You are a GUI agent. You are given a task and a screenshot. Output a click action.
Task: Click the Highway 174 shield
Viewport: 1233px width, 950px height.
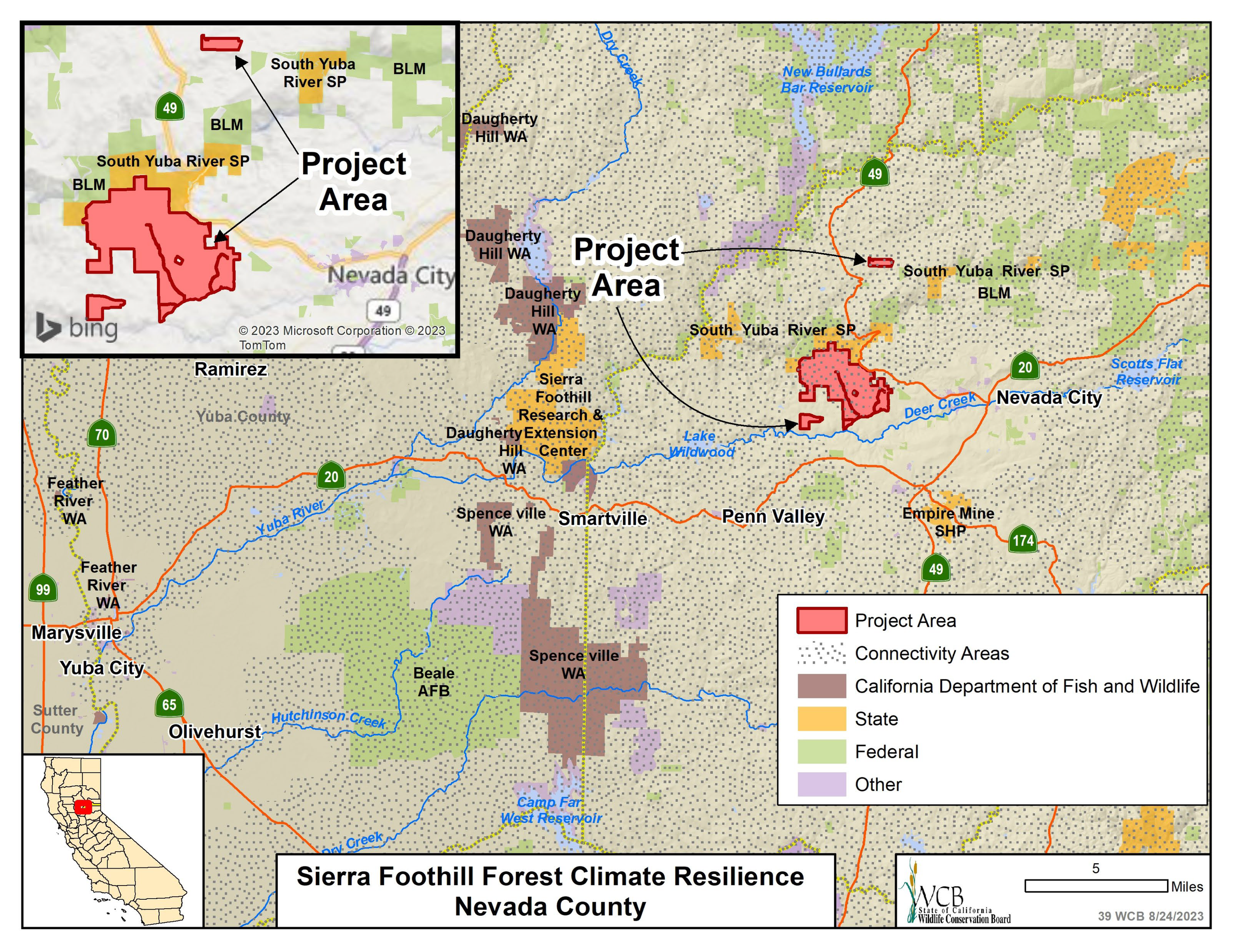tap(1022, 540)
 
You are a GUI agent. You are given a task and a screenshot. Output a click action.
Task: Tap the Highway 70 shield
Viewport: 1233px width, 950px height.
tap(101, 434)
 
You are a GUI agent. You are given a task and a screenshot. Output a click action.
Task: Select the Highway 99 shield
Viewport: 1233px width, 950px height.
tap(43, 589)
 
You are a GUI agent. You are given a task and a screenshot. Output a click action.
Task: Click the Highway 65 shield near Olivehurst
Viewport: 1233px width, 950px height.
tap(169, 704)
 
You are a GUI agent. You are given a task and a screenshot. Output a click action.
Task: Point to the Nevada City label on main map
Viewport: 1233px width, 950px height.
tap(1049, 398)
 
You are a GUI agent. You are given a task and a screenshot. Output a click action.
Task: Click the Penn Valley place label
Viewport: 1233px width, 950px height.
tap(773, 516)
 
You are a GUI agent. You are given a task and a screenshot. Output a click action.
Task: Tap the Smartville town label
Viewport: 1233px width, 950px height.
tap(602, 519)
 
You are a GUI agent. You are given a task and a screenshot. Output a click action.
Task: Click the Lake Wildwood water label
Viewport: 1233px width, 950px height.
tap(701, 444)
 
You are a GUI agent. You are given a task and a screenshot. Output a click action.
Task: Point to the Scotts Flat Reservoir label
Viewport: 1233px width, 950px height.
tap(1147, 372)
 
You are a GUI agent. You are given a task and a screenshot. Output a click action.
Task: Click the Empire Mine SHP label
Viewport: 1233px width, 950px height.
tap(948, 522)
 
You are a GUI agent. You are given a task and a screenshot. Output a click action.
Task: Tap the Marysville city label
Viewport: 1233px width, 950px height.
tap(76, 633)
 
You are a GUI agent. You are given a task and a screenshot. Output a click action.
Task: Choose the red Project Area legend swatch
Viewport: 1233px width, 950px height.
tap(821, 620)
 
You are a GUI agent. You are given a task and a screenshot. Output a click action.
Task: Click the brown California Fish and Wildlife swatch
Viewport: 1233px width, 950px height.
tap(821, 686)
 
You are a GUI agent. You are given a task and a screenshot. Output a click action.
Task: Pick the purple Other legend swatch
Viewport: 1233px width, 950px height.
tap(821, 784)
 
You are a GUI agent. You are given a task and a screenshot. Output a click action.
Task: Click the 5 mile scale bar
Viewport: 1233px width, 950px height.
tap(1095, 885)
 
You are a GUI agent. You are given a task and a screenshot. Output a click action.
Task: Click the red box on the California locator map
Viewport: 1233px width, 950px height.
tap(83, 807)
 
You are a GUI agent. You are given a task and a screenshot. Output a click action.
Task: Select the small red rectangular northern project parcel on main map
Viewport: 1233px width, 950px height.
tap(880, 262)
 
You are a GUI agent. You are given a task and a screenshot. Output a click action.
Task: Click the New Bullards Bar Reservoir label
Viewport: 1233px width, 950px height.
tap(827, 80)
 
